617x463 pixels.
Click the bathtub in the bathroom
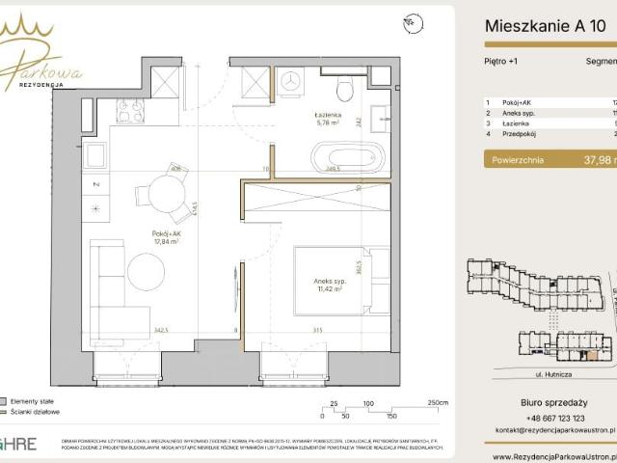[x=347, y=154]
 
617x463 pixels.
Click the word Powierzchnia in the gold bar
[x=518, y=160]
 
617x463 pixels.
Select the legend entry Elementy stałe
[x=35, y=399]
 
